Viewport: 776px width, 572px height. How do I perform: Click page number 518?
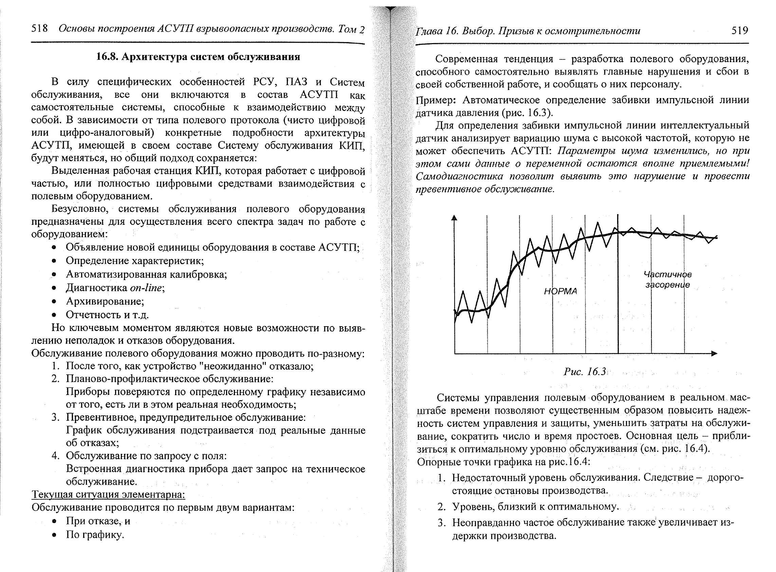[x=39, y=29]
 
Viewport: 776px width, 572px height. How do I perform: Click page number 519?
[x=739, y=31]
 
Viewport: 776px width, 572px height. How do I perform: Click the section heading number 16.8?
[x=107, y=57]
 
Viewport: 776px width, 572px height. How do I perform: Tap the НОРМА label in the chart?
[x=560, y=291]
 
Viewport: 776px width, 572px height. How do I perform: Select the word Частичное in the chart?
[x=667, y=275]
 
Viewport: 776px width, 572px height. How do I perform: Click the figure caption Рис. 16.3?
[x=585, y=372]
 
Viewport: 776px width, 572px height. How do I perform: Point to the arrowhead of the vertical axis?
[x=454, y=218]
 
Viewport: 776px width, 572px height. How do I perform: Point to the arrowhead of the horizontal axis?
[x=714, y=353]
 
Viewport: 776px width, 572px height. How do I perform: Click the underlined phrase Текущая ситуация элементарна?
[x=108, y=495]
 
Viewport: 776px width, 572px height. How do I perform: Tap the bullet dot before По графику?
[x=54, y=535]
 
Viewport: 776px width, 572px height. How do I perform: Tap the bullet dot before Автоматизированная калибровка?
[x=54, y=275]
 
